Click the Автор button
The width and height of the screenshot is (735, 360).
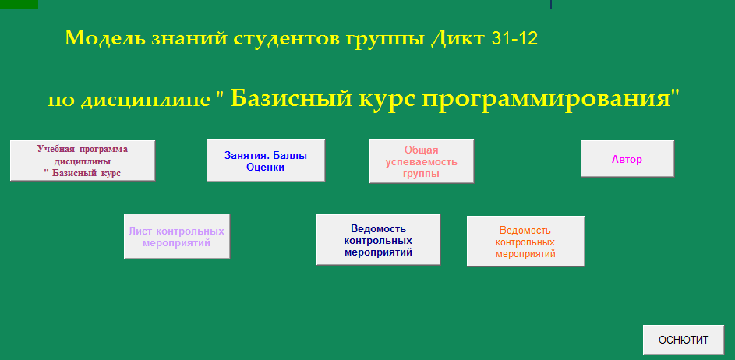coord(627,159)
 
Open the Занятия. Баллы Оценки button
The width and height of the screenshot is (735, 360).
coord(266,161)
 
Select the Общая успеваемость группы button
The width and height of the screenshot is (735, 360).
coord(422,161)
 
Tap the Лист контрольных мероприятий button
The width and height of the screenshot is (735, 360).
coord(177,236)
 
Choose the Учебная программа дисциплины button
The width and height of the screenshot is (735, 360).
coord(83,161)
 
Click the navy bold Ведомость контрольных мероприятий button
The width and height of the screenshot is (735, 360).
coord(378,240)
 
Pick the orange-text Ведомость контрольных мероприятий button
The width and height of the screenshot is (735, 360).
coord(525,242)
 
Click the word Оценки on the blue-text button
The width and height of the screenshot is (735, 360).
coord(265,168)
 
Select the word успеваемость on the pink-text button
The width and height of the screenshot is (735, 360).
coord(422,162)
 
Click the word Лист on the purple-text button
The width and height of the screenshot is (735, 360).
coord(140,231)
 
